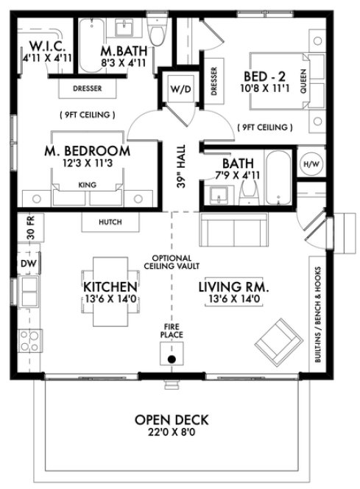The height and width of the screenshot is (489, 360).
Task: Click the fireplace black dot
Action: point(171,359)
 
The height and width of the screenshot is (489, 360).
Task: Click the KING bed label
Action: point(88,187)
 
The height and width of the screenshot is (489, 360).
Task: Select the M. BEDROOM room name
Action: point(88,151)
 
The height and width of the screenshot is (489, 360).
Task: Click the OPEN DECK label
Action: point(172,420)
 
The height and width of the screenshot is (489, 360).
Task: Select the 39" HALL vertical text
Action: point(180,168)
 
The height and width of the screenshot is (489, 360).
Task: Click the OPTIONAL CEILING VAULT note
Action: point(171,261)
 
